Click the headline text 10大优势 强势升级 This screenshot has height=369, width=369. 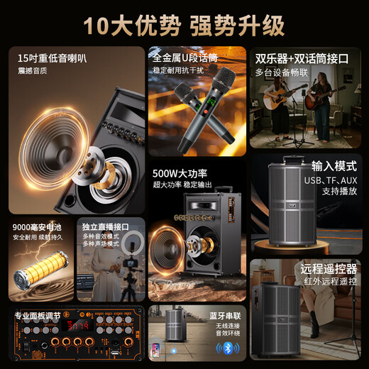click(184, 25)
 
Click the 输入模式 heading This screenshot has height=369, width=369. click(333, 166)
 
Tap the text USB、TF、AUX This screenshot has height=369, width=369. click(331, 180)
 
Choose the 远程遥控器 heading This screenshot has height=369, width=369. click(327, 270)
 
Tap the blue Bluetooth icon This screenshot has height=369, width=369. click(226, 348)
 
